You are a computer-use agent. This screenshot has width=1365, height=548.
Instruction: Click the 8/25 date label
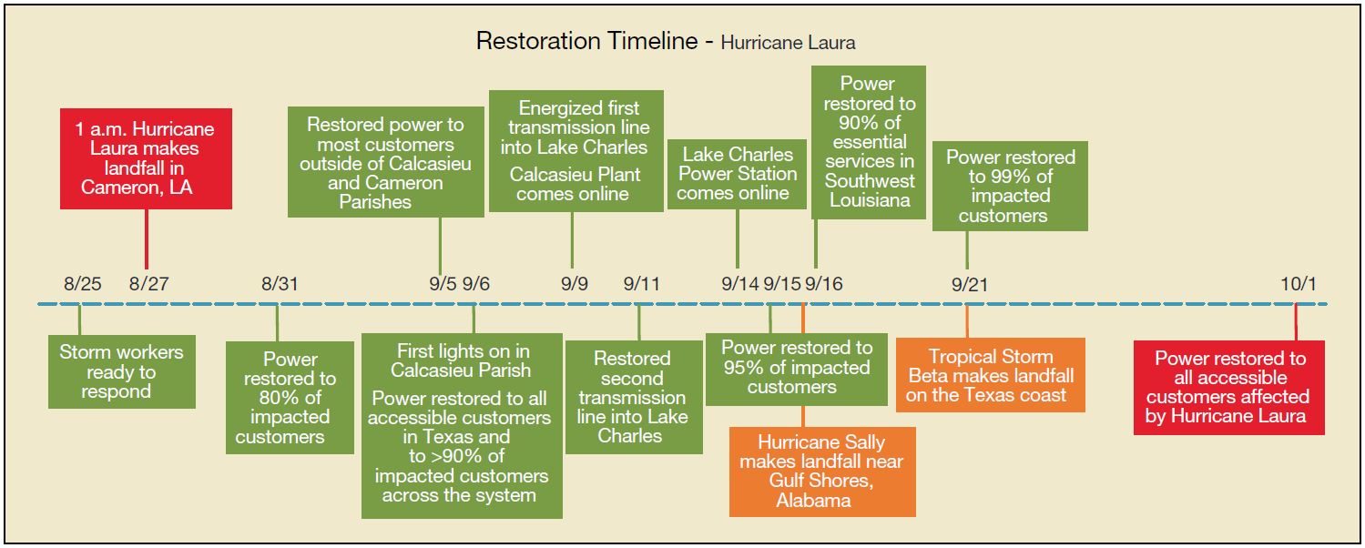point(83,284)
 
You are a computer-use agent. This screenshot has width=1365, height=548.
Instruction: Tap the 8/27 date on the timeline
point(148,284)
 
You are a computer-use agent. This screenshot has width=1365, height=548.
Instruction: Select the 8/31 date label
point(280,284)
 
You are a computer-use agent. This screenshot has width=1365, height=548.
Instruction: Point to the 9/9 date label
point(575,284)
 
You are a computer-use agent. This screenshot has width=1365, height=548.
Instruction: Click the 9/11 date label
point(642,284)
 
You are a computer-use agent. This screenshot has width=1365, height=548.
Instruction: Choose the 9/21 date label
point(970,284)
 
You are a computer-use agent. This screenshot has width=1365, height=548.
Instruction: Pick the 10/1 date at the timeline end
point(1298,284)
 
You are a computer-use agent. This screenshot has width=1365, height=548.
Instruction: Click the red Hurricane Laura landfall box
point(146,159)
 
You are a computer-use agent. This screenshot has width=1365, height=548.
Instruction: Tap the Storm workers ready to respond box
point(122,371)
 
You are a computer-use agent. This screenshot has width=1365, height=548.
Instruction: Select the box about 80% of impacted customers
point(290,398)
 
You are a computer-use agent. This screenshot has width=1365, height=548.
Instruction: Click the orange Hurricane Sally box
point(822,472)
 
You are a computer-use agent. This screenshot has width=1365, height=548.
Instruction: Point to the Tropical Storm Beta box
point(990,375)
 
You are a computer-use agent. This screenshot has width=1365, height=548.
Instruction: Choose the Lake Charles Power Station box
point(737,174)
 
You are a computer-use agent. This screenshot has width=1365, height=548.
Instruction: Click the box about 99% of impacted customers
point(1010,187)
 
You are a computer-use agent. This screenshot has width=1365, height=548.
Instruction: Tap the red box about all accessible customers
point(1229,387)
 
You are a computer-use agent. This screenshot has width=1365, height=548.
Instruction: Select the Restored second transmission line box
point(634,397)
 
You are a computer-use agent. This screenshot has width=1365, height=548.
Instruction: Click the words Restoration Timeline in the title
point(586,41)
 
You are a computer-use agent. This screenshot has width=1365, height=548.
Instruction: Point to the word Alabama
point(813,501)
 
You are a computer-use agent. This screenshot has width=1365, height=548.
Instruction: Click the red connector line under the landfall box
point(147,239)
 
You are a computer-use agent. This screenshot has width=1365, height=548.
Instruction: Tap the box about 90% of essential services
point(869,143)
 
